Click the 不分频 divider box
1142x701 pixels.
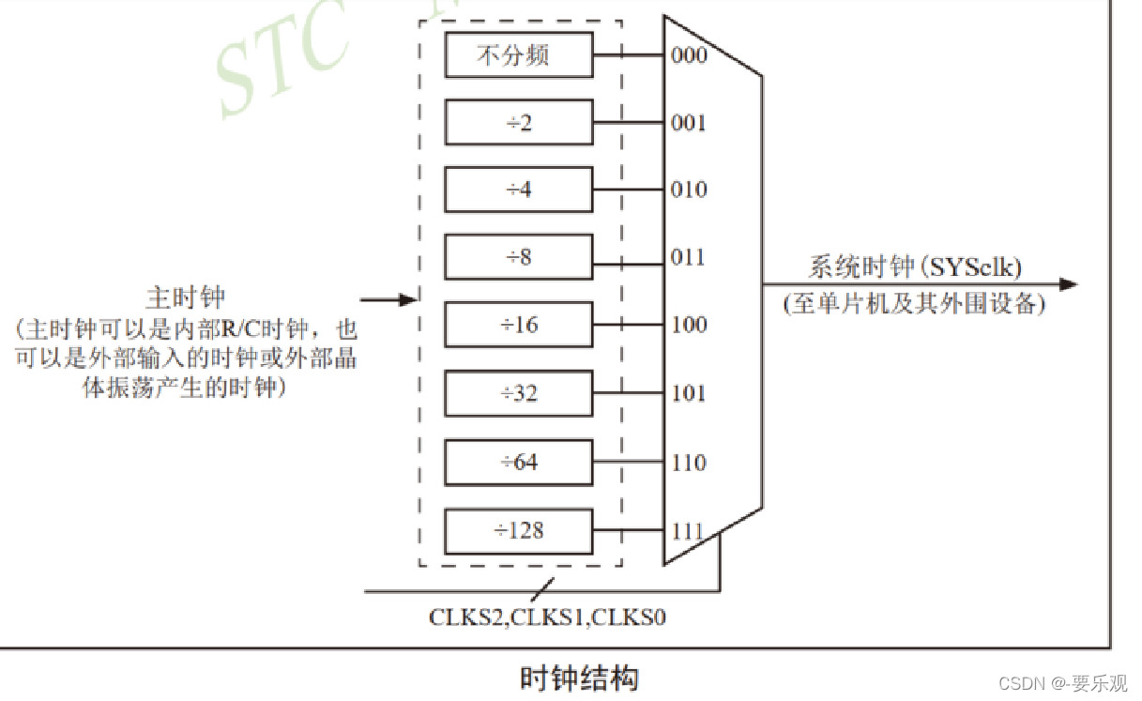point(519,54)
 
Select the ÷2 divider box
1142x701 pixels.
point(519,122)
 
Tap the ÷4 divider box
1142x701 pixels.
point(519,190)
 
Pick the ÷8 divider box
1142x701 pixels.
point(519,257)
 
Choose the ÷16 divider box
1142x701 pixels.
point(519,326)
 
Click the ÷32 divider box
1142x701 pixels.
point(519,393)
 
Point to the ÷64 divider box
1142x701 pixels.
point(519,462)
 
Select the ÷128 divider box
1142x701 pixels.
point(519,530)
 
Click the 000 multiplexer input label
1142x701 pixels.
point(689,54)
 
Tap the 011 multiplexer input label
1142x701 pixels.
point(689,257)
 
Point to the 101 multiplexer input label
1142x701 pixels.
point(689,393)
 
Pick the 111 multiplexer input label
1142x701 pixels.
point(689,530)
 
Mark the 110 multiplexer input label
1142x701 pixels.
point(689,462)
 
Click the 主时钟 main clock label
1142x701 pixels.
point(186,298)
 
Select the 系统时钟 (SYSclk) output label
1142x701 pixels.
point(915,267)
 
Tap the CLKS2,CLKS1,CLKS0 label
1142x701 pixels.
point(548,617)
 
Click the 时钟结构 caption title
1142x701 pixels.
point(579,677)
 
